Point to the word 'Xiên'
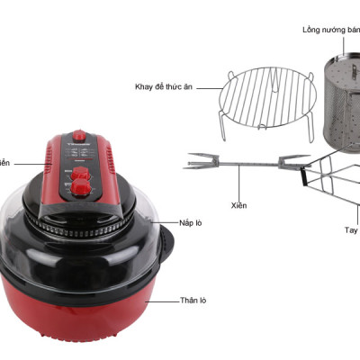click(238, 205)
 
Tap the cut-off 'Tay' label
click(352, 230)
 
